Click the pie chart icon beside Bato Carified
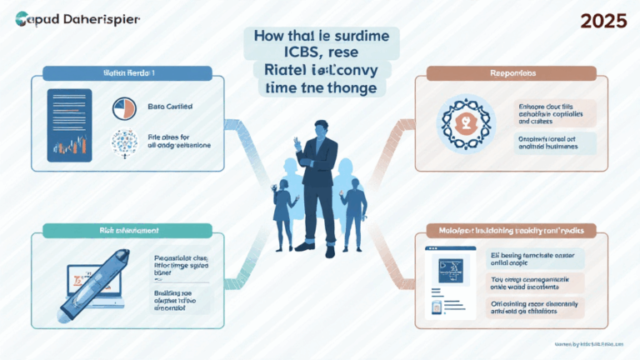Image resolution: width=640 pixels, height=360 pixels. [x=123, y=109]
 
